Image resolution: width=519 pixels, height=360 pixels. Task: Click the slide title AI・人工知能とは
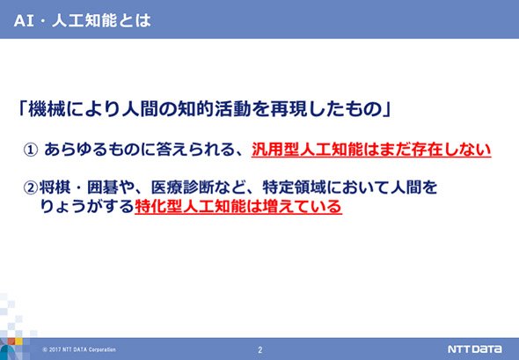coord(83,20)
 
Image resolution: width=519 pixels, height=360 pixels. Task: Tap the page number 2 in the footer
coord(259,349)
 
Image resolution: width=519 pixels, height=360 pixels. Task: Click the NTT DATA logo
coord(474,349)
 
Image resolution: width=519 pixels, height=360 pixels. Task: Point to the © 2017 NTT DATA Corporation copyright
coord(79,349)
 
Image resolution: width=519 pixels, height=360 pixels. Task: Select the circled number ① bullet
coord(30,150)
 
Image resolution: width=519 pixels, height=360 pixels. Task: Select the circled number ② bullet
coord(31,187)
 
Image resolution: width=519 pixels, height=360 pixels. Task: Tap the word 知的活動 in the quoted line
coord(215,109)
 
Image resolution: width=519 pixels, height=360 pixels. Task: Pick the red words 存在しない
coord(451,150)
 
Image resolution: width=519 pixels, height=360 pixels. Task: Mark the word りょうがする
coord(87,206)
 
